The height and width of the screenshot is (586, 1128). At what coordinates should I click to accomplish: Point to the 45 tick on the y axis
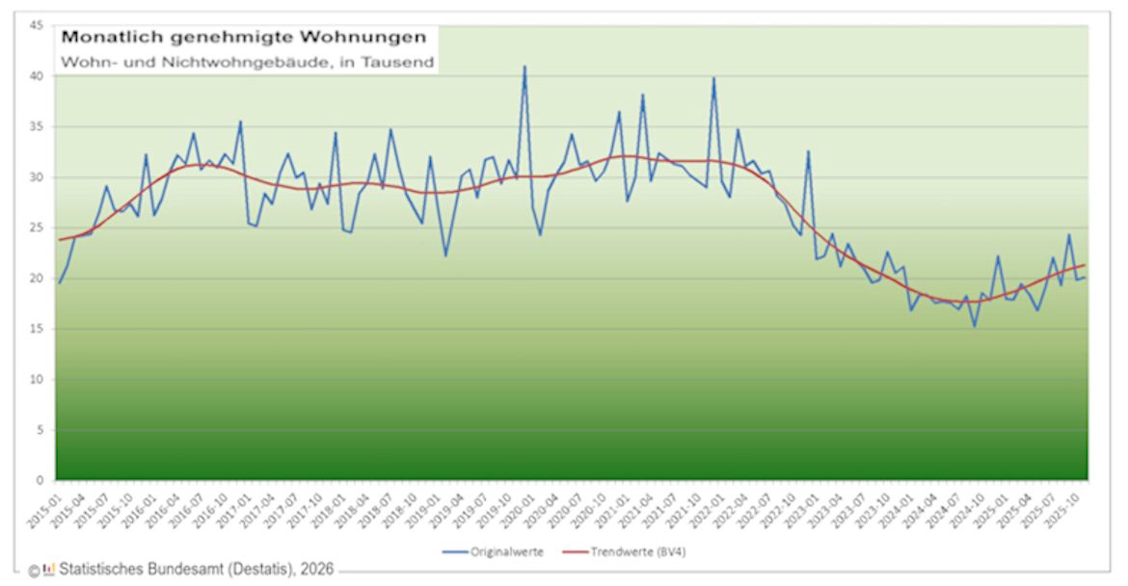click(36, 26)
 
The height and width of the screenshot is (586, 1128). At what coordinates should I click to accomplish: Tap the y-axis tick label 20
click(36, 279)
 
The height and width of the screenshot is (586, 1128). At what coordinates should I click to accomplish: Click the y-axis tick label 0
click(39, 480)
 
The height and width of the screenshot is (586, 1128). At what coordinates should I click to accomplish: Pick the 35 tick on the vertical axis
click(36, 127)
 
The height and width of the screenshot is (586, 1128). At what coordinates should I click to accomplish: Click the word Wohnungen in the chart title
click(367, 38)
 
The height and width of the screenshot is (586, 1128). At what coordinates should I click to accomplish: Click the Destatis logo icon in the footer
click(49, 569)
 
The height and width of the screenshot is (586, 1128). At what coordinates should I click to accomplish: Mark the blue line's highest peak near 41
click(524, 67)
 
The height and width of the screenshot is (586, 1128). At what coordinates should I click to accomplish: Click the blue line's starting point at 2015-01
click(59, 282)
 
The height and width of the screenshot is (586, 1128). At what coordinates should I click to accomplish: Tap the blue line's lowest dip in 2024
click(975, 326)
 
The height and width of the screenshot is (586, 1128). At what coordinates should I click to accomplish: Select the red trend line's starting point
click(59, 240)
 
